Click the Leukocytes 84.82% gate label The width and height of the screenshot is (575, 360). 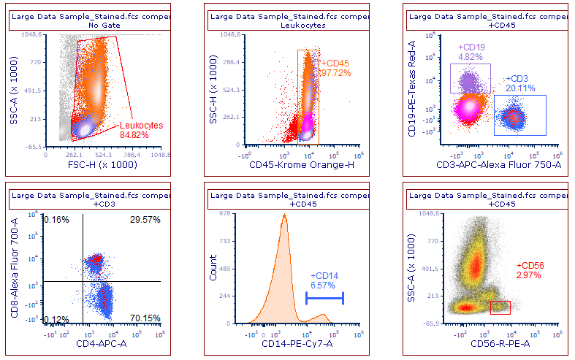point(142,130)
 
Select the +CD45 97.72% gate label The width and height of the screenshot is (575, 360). point(336,68)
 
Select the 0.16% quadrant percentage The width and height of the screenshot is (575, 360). point(56,220)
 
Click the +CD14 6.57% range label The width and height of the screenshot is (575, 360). point(323,280)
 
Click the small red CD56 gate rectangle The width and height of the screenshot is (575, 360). point(500,307)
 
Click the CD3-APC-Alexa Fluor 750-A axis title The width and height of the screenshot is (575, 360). point(497,165)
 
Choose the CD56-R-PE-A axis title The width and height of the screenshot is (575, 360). point(498,344)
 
